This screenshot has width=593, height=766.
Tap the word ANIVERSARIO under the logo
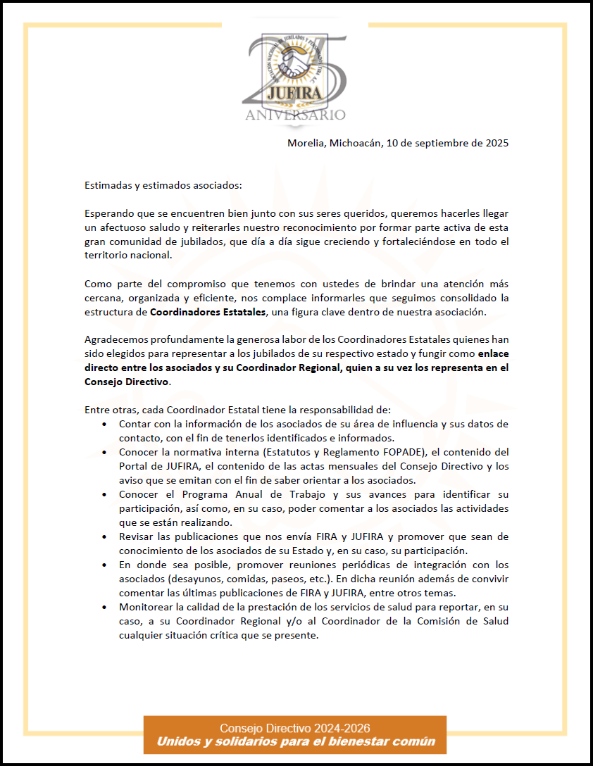click(295, 114)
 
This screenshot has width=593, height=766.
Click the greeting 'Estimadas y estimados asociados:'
click(163, 186)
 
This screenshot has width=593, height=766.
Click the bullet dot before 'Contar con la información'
click(105, 425)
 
